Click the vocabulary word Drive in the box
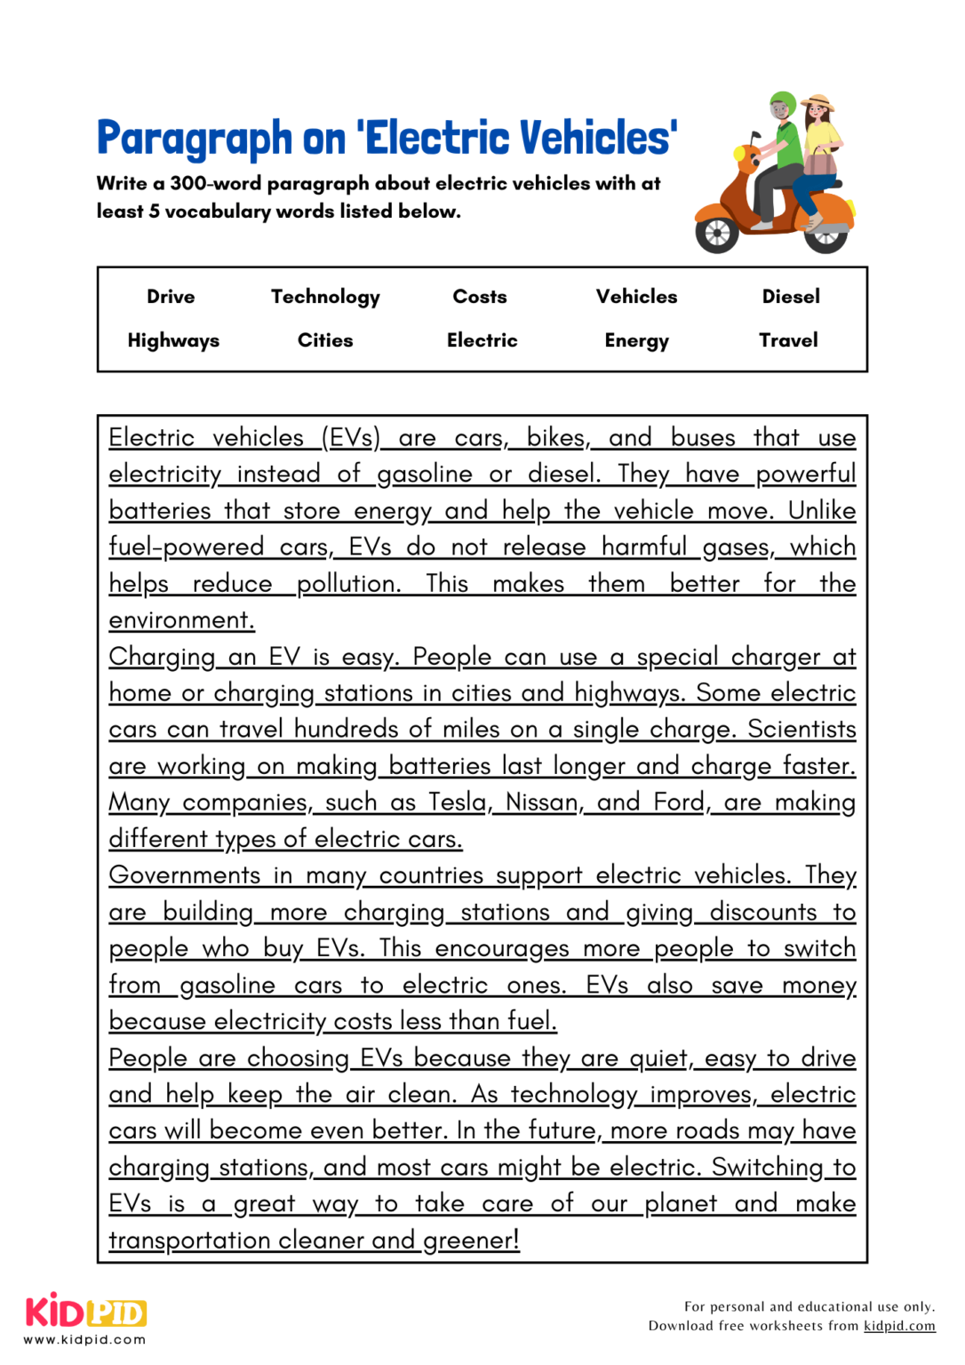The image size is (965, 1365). [x=171, y=297]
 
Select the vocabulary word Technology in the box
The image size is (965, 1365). [x=325, y=297]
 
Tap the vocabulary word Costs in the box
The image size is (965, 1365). [x=480, y=297]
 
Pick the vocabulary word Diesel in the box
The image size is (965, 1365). [x=791, y=297]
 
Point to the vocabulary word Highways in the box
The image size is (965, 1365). [x=173, y=340]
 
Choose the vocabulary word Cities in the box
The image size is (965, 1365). [x=325, y=340]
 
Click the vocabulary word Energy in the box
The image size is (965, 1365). [x=636, y=340]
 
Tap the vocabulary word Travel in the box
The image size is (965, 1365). [x=788, y=340]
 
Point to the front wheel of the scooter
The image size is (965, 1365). [x=717, y=233]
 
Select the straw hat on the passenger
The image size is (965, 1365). [x=818, y=103]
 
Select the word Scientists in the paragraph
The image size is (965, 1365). [x=802, y=730]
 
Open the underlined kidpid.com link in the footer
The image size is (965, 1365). [x=899, y=1326]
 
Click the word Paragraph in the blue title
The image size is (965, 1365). [x=195, y=139]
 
